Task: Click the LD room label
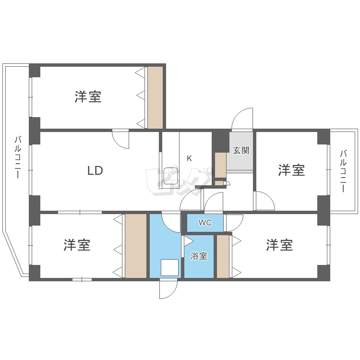95,170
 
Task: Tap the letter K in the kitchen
189,158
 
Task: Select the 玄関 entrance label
241,150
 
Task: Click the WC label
205,223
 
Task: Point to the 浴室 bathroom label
199,256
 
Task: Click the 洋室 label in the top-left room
88,96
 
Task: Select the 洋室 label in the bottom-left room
77,245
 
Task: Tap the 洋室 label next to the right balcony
291,170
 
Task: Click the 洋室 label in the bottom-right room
280,245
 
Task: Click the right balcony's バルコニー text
344,171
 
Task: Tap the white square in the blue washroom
169,267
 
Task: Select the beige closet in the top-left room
155,97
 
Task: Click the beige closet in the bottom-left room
136,246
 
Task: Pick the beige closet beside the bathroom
223,256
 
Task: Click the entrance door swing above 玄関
243,120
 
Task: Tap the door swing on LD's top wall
120,139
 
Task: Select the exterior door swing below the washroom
168,288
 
